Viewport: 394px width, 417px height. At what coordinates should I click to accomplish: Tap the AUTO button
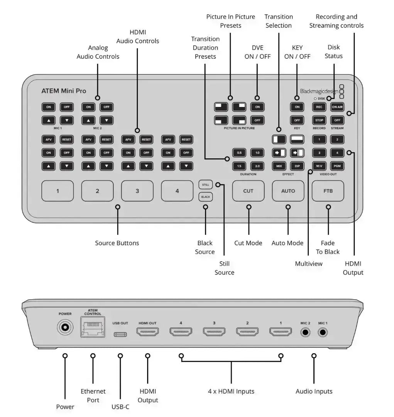pyautogui.click(x=288, y=191)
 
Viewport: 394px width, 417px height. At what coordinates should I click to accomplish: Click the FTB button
pyautogui.click(x=328, y=191)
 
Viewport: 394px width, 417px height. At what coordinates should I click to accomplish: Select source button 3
pyautogui.click(x=137, y=191)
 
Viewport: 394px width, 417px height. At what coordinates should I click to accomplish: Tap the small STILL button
pyautogui.click(x=205, y=185)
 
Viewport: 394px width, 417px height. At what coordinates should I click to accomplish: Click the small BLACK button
pyautogui.click(x=205, y=197)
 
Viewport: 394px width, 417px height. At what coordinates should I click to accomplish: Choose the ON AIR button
pyautogui.click(x=337, y=107)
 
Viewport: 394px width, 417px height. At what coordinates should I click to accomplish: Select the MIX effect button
pyautogui.click(x=279, y=166)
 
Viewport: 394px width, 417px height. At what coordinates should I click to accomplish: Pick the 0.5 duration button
pyautogui.click(x=239, y=153)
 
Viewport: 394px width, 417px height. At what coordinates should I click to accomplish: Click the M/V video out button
pyautogui.click(x=319, y=166)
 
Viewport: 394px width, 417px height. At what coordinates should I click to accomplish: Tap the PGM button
pyautogui.click(x=337, y=166)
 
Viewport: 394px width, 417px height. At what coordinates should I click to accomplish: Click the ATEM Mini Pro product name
pyautogui.click(x=64, y=91)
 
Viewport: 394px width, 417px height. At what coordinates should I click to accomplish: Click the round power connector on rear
pyautogui.click(x=65, y=328)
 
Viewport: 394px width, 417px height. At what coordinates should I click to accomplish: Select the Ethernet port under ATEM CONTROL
pyautogui.click(x=93, y=327)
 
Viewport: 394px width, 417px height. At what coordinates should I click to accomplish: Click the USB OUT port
pyautogui.click(x=120, y=333)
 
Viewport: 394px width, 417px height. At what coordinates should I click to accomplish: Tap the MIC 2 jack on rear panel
pyautogui.click(x=306, y=332)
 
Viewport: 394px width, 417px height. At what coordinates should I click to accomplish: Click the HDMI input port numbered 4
pyautogui.click(x=181, y=332)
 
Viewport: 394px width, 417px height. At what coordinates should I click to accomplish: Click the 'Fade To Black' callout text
pyautogui.click(x=328, y=247)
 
